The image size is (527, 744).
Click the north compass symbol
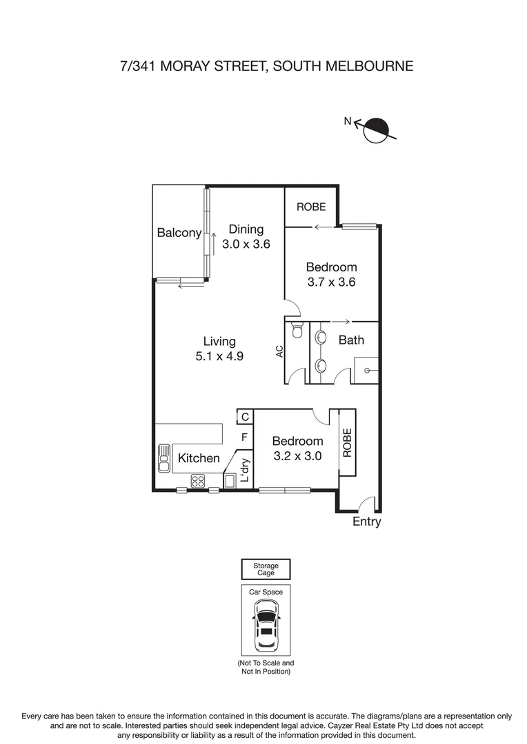pos(376,130)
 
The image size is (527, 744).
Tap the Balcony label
pos(179,233)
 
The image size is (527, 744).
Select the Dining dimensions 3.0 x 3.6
pos(246,243)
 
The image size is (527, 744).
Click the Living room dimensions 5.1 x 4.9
pos(219,356)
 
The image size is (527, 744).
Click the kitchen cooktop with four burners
pos(199,481)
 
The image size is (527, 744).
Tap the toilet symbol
pos(297,331)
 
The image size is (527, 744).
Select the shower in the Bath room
pos(366,370)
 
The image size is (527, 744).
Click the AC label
pos(279,351)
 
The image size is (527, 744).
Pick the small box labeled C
pos(245,416)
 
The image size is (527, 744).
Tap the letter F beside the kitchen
pos(244,437)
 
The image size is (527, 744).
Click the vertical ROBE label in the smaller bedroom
pos(347,442)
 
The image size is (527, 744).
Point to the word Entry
pos(366,522)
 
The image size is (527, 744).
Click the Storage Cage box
pos(266,569)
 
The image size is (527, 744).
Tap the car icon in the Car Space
pos(266,625)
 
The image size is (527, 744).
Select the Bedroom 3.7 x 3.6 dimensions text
pos(332,282)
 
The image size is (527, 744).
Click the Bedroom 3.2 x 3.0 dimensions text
pos(297,455)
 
